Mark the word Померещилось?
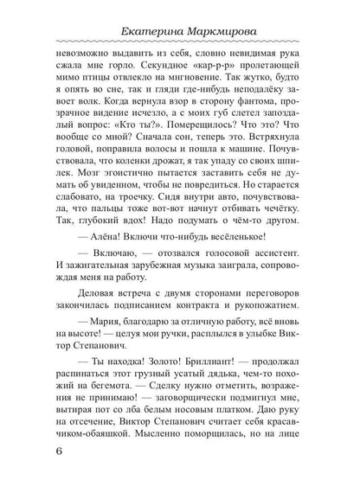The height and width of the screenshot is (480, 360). point(190,143)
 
